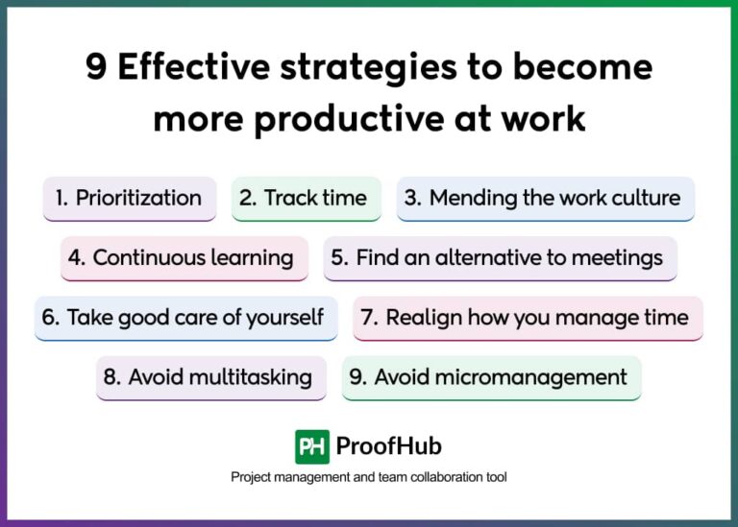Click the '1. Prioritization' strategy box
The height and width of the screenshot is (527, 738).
(x=129, y=199)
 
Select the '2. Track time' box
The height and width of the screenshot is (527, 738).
(x=306, y=199)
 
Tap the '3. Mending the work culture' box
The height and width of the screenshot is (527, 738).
(x=545, y=199)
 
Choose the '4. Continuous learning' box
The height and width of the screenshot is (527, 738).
(x=184, y=258)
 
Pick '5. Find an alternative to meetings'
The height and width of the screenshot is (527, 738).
(x=500, y=258)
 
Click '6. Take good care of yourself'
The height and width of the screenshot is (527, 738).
(x=185, y=318)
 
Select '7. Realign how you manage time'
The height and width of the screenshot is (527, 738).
(x=528, y=318)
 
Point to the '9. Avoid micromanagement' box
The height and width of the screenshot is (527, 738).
(x=491, y=377)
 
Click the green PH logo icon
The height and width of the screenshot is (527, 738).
(x=311, y=446)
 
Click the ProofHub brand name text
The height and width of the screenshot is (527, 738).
(x=389, y=446)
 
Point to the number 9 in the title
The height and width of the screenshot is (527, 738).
(x=96, y=68)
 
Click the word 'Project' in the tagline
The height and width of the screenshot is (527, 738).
(x=251, y=477)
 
